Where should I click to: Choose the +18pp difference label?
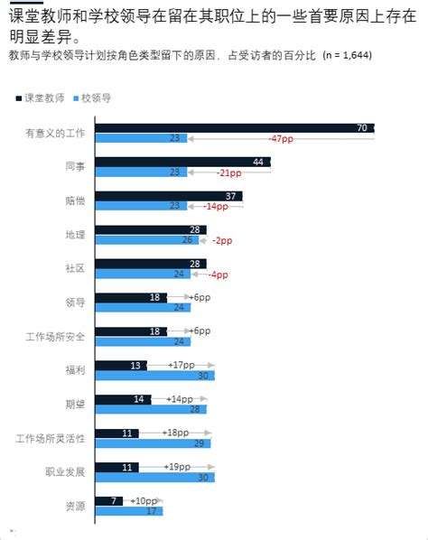(176, 433)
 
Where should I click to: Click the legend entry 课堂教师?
(41, 97)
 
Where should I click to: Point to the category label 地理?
(75, 235)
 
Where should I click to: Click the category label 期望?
(75, 405)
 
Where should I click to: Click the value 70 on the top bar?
(361, 128)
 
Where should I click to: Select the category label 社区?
(75, 268)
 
